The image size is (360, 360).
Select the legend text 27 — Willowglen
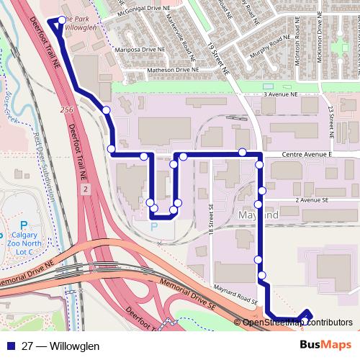click(60, 346)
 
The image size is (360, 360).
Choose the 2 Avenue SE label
click(312, 201)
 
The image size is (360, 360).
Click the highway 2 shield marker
click(86, 188)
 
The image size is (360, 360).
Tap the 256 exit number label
click(67, 109)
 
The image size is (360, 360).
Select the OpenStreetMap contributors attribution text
click(299, 322)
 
